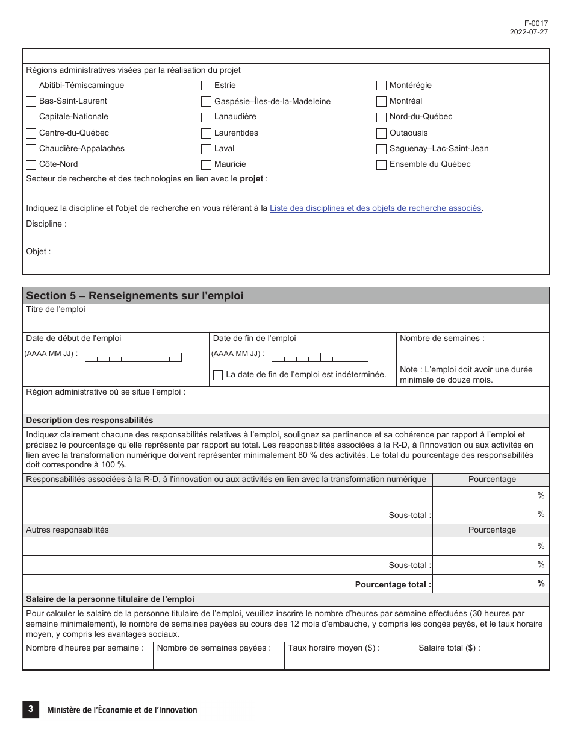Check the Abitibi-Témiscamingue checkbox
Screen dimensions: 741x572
click(31, 86)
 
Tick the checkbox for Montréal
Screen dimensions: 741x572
click(381, 101)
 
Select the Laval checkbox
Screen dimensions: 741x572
click(206, 149)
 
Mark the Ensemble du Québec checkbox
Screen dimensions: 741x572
click(381, 164)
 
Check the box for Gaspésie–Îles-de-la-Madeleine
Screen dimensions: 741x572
click(206, 102)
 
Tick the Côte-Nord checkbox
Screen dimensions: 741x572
click(31, 164)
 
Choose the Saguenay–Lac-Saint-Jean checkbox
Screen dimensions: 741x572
click(381, 149)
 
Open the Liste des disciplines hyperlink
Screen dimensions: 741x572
click(376, 208)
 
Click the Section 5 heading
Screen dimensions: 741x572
click(135, 296)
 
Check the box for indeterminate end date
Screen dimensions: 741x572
click(218, 375)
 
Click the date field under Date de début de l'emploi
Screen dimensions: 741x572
click(133, 357)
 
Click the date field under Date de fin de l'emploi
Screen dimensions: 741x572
click(320, 357)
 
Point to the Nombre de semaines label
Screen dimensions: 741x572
click(442, 339)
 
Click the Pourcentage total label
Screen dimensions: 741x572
click(393, 584)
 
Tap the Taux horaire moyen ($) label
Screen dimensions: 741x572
click(334, 648)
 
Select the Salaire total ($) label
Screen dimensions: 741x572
click(449, 648)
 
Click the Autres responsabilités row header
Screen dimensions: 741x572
click(67, 530)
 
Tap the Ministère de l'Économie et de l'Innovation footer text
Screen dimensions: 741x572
click(122, 710)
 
